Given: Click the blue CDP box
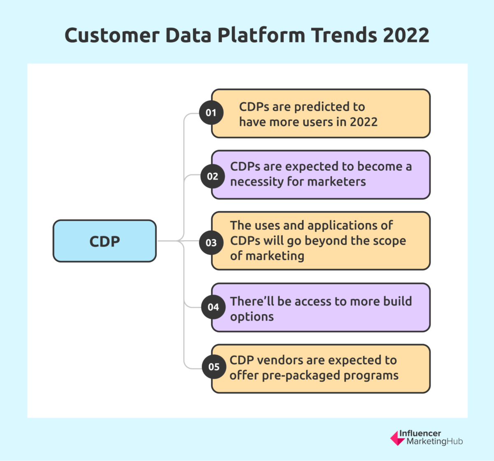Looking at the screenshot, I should (105, 241).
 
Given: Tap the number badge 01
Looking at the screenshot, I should (211, 113).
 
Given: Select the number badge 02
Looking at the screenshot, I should (212, 176).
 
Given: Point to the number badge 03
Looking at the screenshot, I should (211, 243).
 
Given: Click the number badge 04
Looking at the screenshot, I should (213, 307).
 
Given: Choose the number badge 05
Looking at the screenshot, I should (214, 367).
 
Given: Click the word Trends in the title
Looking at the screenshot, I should (344, 35).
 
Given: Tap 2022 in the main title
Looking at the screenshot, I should (406, 35).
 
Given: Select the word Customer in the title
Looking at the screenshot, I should (112, 35).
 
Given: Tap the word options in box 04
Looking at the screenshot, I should (252, 317).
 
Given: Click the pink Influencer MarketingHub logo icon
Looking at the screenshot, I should (397, 438).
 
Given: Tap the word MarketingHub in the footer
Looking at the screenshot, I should (434, 442).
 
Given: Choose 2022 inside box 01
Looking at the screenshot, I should (364, 122).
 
